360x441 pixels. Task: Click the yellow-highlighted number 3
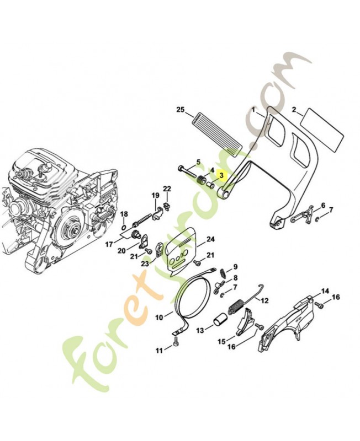point(222,175)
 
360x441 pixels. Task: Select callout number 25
point(179,110)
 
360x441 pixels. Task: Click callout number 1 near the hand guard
point(255,110)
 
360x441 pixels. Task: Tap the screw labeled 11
point(175,343)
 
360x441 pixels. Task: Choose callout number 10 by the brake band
point(159,317)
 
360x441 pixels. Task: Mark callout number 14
point(325,291)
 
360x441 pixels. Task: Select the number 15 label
point(221,342)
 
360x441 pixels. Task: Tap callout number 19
point(155,195)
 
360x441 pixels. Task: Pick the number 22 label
point(167,189)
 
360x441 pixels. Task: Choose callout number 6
point(323,205)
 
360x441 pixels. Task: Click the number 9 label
point(235,267)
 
